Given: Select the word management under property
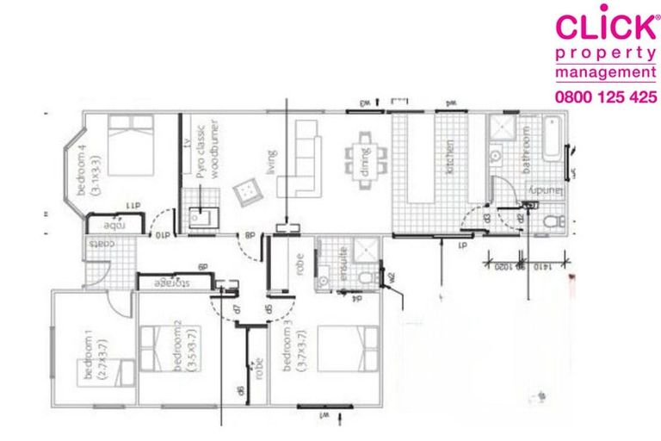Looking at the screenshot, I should coord(604,74).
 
